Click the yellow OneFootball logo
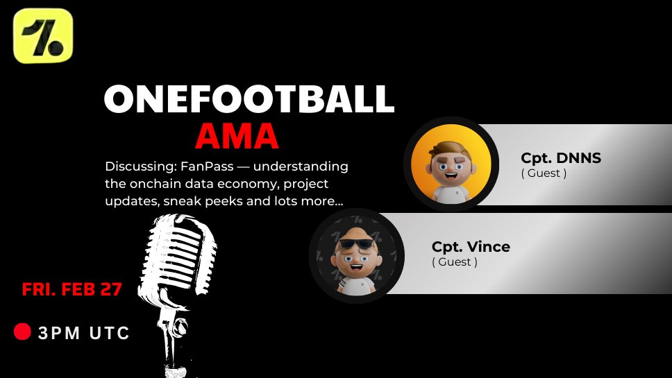43,36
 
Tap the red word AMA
237,137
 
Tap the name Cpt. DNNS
561,158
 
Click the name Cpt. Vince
471,247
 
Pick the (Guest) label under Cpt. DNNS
544,173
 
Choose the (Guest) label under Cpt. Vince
455,262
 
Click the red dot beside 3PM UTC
22,332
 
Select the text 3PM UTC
84,334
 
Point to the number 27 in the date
110,289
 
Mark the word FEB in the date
78,289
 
